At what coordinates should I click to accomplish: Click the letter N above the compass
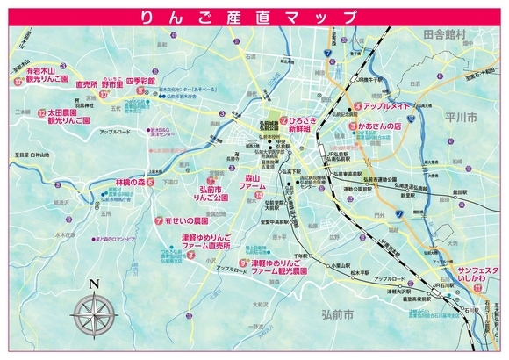(x=95, y=283)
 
